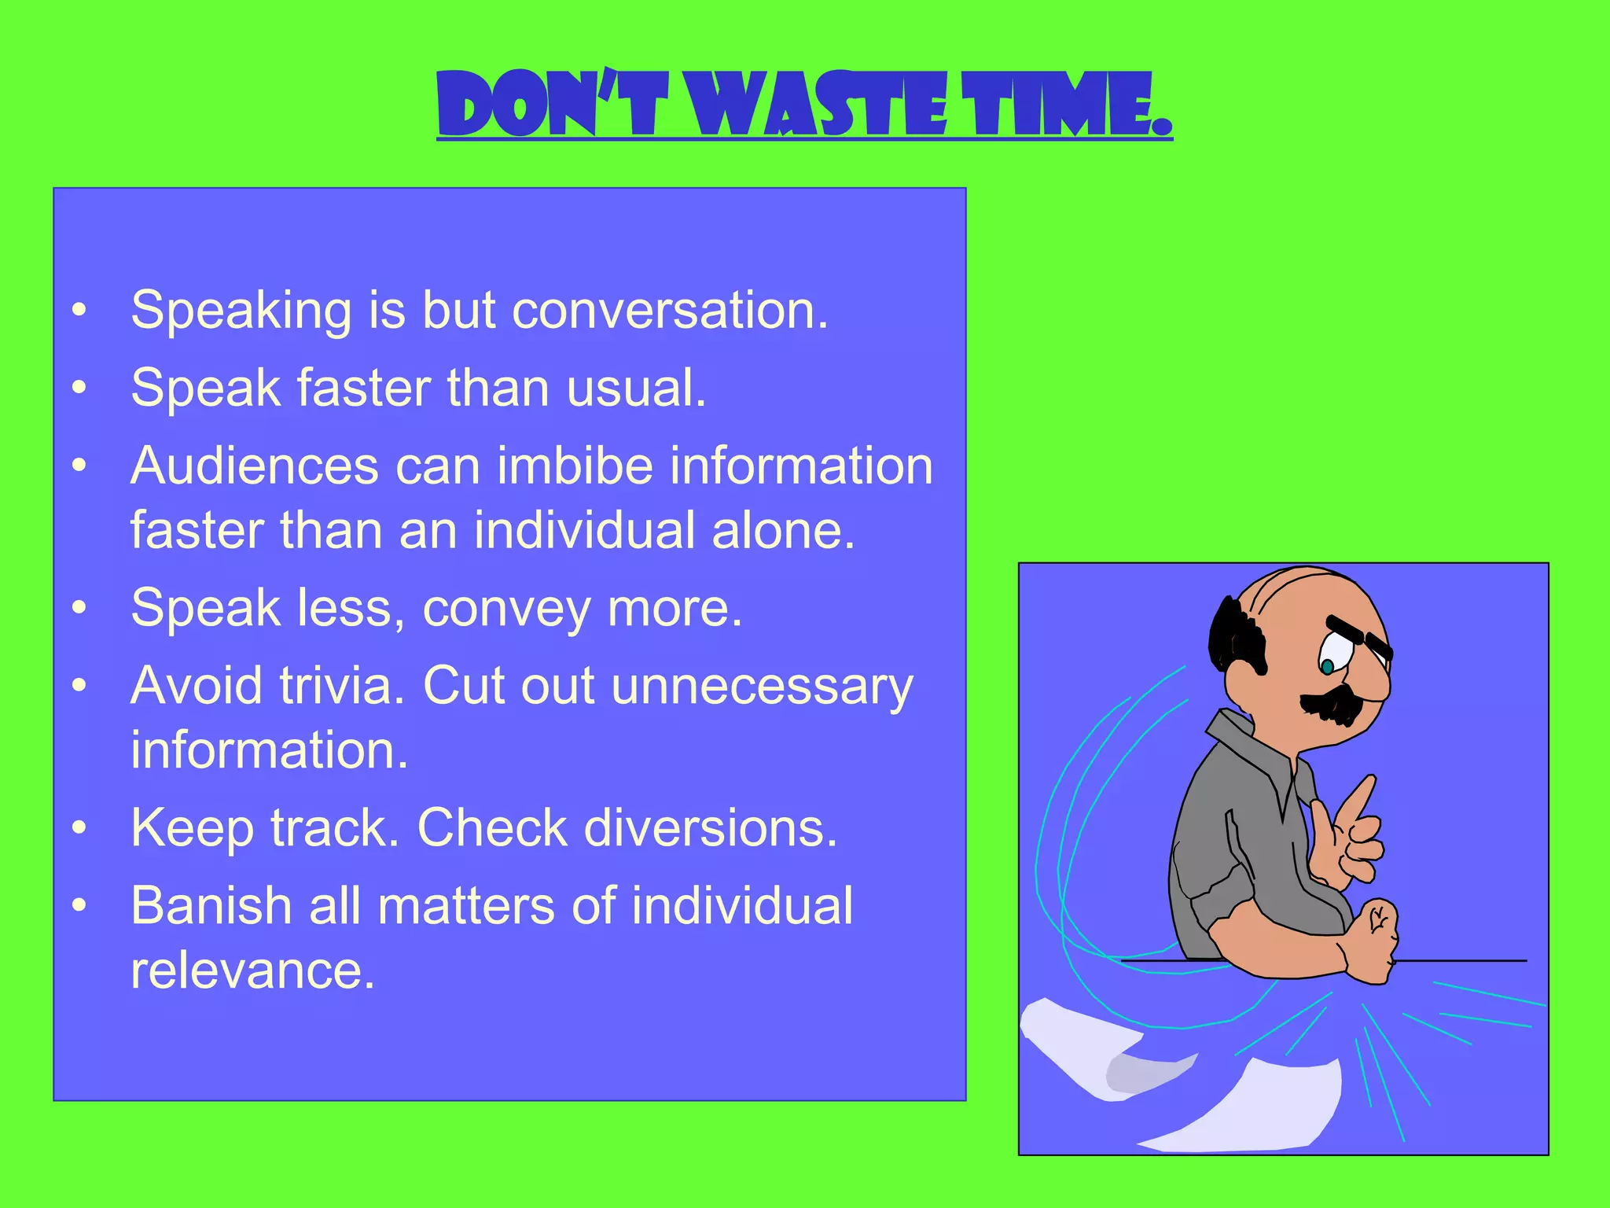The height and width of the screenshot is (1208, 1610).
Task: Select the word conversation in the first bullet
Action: click(670, 310)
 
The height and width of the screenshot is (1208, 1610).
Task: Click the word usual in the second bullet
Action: click(636, 388)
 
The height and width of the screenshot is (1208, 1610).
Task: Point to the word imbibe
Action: click(575, 466)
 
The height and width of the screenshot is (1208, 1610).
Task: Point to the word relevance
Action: click(252, 970)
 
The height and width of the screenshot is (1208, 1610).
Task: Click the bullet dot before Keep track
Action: click(79, 828)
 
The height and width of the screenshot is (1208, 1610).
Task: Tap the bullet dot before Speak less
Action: click(79, 608)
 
